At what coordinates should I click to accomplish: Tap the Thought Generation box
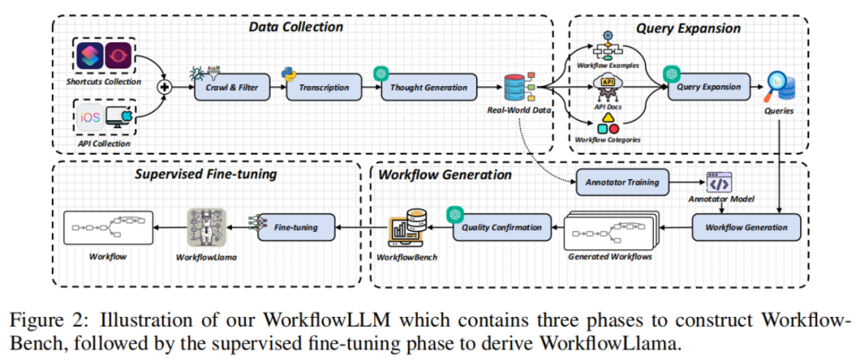pos(429,88)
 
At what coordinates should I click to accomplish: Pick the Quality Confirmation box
pos(502,228)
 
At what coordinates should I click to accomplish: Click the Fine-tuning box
pos(296,228)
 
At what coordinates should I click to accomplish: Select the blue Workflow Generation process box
pos(746,228)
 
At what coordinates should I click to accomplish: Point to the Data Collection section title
pos(295,28)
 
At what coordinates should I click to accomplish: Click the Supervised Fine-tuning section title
pos(203,174)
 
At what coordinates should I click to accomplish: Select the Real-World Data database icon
pos(519,88)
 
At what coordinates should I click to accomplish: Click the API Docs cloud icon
pos(608,84)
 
